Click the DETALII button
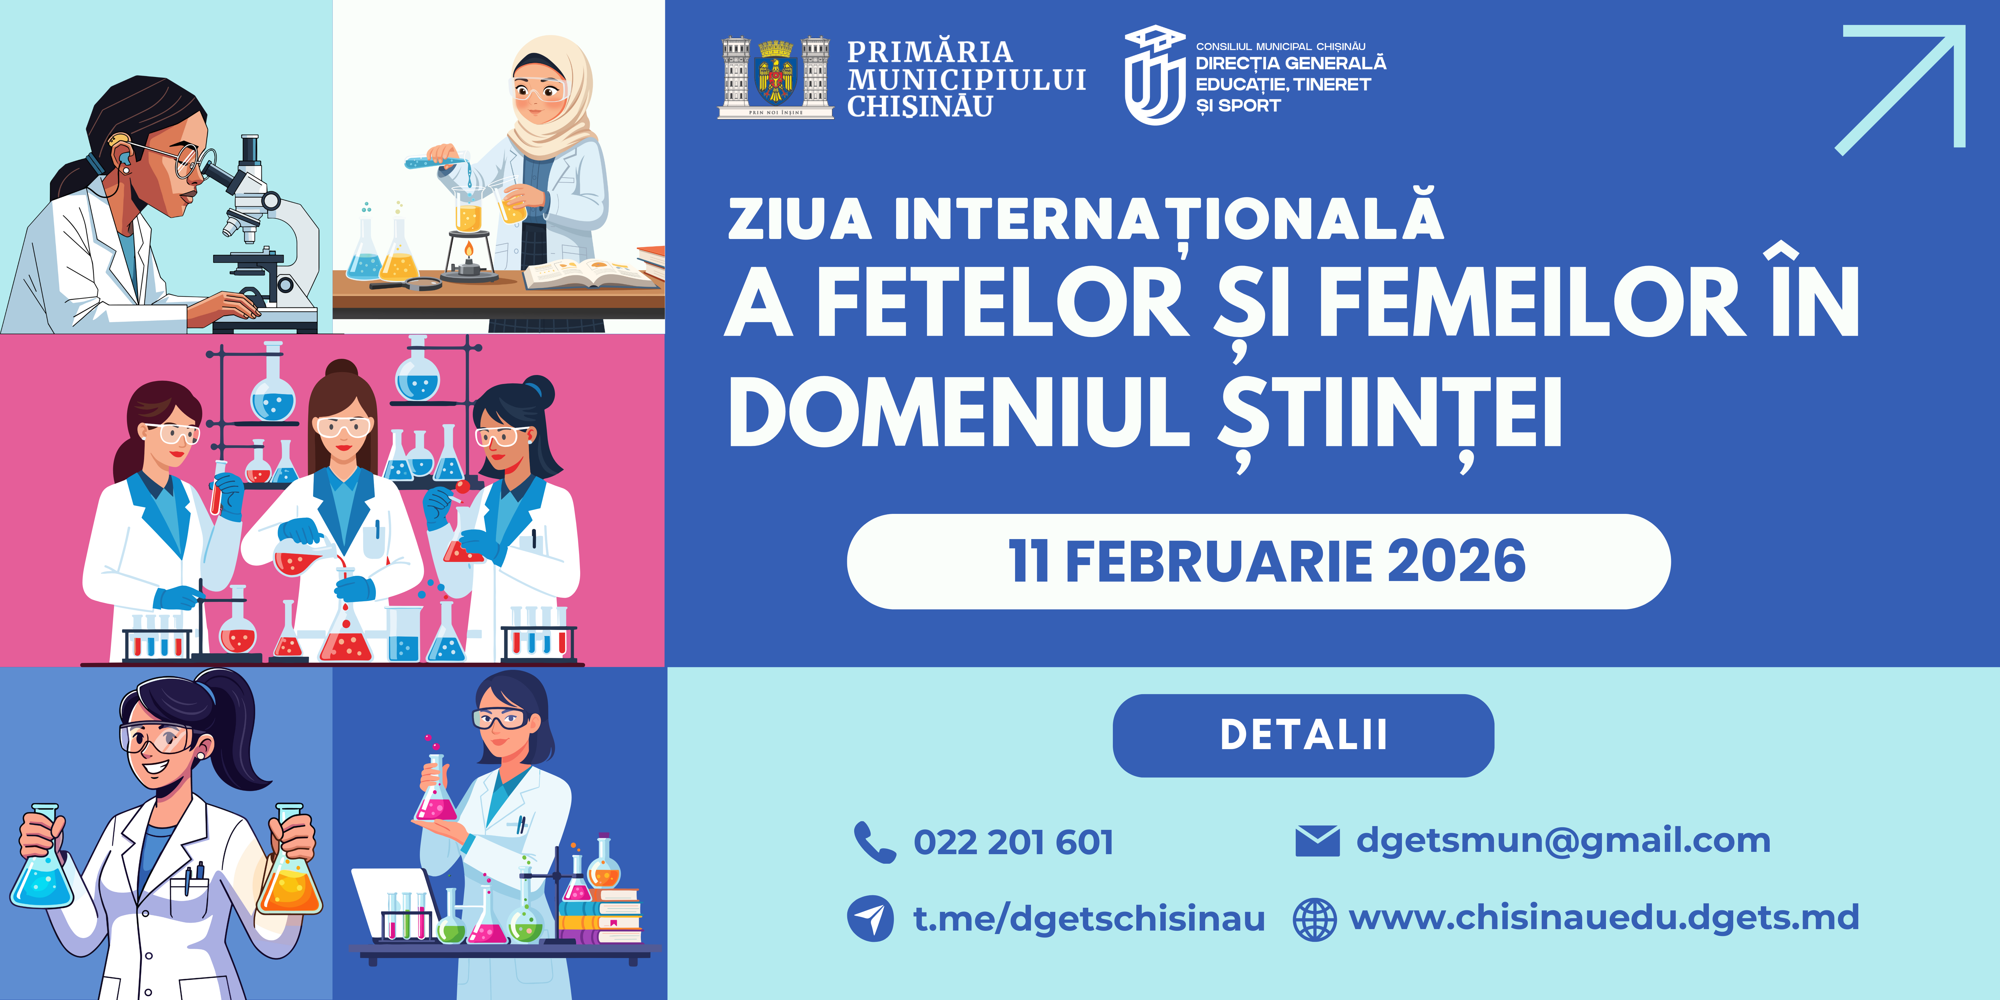tap(1303, 734)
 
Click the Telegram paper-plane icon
tap(870, 918)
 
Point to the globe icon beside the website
tap(1315, 919)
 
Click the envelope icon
tap(1317, 841)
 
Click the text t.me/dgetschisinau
tap(1089, 918)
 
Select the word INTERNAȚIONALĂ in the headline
tap(1168, 220)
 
